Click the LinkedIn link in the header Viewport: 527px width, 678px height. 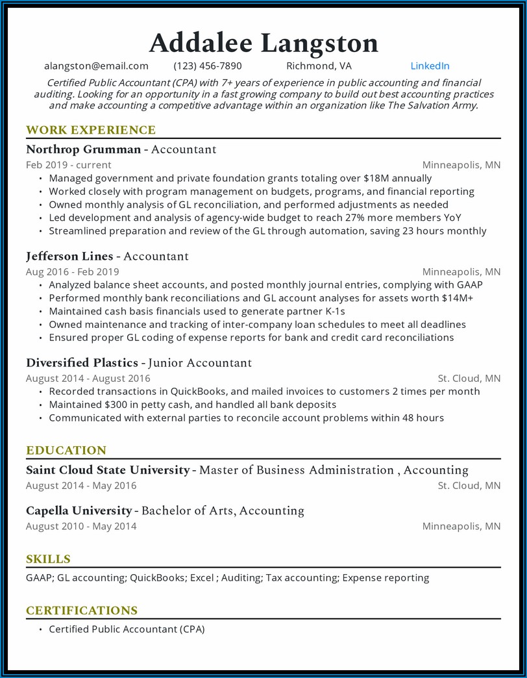click(430, 66)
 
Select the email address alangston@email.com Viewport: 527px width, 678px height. click(96, 66)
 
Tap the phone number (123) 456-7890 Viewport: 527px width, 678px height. click(208, 66)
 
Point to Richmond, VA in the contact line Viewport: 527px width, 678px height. click(319, 66)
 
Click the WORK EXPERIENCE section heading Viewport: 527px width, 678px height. click(91, 130)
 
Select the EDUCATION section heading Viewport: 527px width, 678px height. click(66, 450)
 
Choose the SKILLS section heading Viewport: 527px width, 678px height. click(48, 559)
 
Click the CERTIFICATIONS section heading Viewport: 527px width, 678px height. click(82, 610)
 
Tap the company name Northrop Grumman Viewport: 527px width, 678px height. click(83, 149)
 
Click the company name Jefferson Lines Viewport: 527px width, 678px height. click(69, 256)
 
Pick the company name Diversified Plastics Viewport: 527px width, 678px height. click(82, 362)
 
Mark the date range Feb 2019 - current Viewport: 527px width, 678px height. click(69, 165)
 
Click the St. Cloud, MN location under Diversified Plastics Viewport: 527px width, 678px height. click(469, 378)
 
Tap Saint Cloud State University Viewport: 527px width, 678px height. click(108, 470)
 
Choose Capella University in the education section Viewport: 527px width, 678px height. click(79, 510)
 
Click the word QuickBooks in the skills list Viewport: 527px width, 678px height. click(157, 577)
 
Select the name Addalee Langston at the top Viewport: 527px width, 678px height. click(263, 43)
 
